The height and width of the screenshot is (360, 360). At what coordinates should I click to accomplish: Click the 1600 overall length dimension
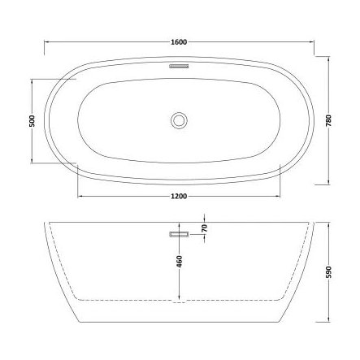[x=180, y=41]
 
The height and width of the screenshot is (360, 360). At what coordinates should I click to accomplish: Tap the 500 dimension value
[x=31, y=121]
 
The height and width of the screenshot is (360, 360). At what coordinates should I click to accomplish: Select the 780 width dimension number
[x=328, y=121]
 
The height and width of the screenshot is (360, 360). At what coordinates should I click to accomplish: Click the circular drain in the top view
[x=179, y=121]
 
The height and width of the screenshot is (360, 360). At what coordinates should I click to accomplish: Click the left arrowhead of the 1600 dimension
[x=46, y=41]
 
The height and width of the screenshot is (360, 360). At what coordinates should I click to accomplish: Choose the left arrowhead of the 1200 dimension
[x=79, y=196]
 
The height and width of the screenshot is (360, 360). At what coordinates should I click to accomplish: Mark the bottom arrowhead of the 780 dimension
[x=328, y=184]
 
